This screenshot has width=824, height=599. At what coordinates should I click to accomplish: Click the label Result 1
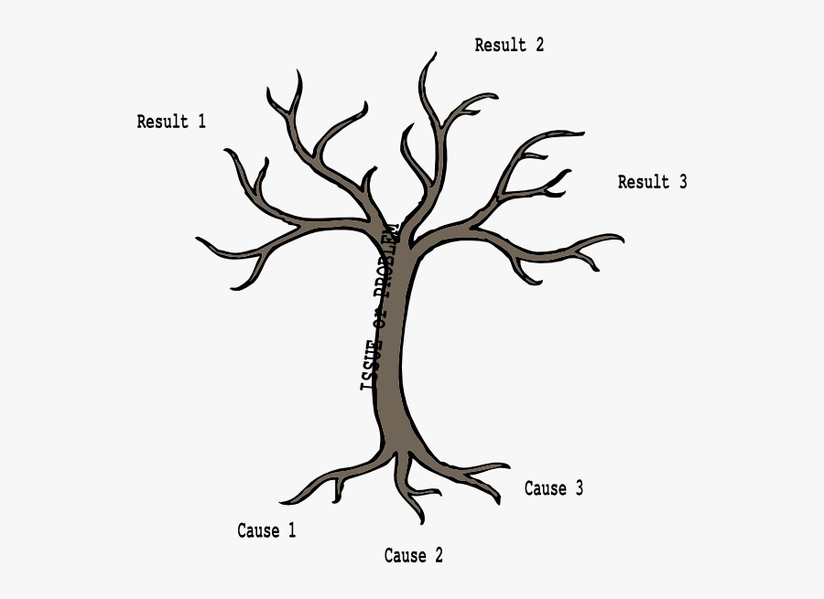click(171, 122)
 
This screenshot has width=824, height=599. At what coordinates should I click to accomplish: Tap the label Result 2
click(509, 45)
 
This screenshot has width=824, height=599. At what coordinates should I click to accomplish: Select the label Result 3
click(652, 182)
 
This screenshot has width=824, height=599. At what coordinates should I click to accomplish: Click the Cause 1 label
click(266, 530)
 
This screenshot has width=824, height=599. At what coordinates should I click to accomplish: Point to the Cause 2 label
click(413, 555)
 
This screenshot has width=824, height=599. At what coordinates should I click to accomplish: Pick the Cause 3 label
click(553, 488)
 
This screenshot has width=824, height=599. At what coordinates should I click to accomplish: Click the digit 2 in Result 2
click(539, 45)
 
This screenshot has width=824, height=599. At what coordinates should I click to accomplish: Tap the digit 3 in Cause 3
click(579, 488)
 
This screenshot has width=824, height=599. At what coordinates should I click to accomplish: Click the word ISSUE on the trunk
click(371, 366)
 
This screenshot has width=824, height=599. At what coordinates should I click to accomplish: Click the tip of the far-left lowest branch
click(198, 241)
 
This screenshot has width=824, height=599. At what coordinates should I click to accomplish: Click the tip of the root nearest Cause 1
click(281, 502)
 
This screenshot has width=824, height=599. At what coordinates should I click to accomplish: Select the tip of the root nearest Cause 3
click(509, 466)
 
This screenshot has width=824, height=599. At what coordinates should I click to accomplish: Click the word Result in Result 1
click(162, 122)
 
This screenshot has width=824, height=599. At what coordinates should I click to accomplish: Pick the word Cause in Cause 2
click(404, 555)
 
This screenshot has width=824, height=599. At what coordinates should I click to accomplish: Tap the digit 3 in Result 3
click(682, 182)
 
